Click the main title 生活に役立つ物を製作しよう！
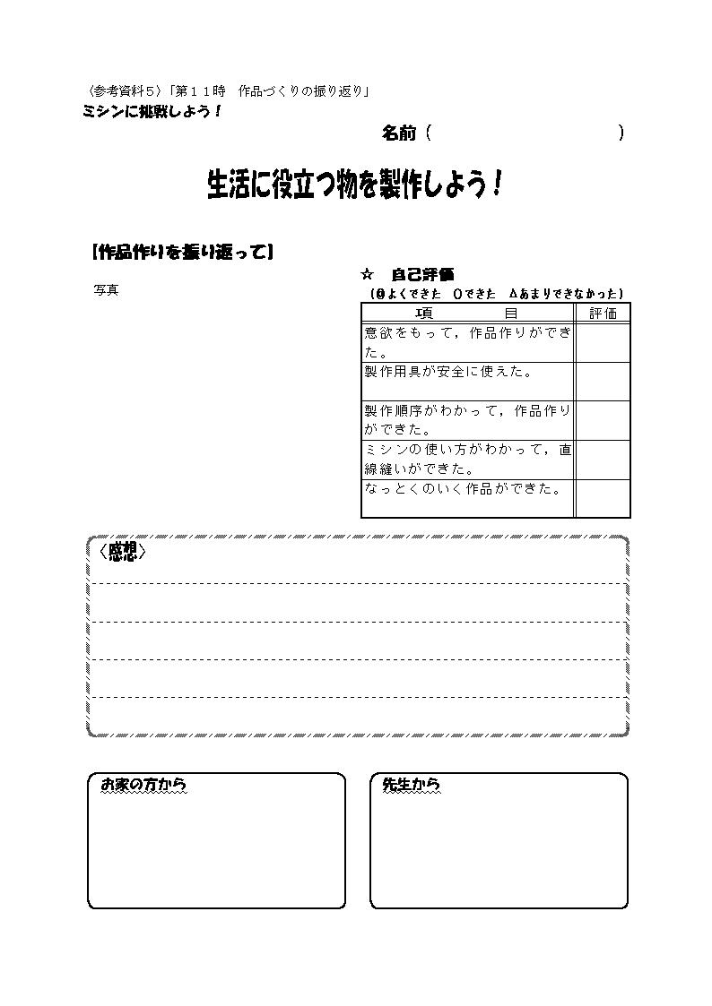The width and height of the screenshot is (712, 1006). pyautogui.click(x=353, y=185)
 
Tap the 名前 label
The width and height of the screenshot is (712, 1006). pyautogui.click(x=399, y=133)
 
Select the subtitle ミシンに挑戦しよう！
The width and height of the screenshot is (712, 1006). pyautogui.click(x=152, y=111)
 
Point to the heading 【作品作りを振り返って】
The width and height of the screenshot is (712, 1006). pyautogui.click(x=183, y=252)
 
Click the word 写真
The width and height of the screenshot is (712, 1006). pyautogui.click(x=106, y=290)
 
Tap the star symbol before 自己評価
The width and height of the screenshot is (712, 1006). pyautogui.click(x=368, y=275)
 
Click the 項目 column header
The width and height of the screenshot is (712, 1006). pyautogui.click(x=467, y=314)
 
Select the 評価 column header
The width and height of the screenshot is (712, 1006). pyautogui.click(x=603, y=314)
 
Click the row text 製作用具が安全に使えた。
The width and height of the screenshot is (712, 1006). pyautogui.click(x=448, y=372)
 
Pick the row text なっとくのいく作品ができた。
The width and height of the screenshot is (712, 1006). pyautogui.click(x=463, y=488)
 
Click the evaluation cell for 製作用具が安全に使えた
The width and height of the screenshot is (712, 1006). pyautogui.click(x=603, y=382)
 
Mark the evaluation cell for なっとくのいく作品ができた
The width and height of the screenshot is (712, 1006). pyautogui.click(x=603, y=498)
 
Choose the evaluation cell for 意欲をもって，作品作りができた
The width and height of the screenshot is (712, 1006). pyautogui.click(x=603, y=342)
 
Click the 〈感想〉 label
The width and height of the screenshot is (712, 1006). pyautogui.click(x=123, y=552)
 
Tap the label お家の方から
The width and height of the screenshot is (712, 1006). pyautogui.click(x=143, y=784)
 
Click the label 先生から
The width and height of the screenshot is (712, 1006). pyautogui.click(x=411, y=784)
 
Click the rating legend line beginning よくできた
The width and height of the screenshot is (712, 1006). pyautogui.click(x=496, y=294)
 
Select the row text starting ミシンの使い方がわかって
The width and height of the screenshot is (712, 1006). pyautogui.click(x=467, y=459)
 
